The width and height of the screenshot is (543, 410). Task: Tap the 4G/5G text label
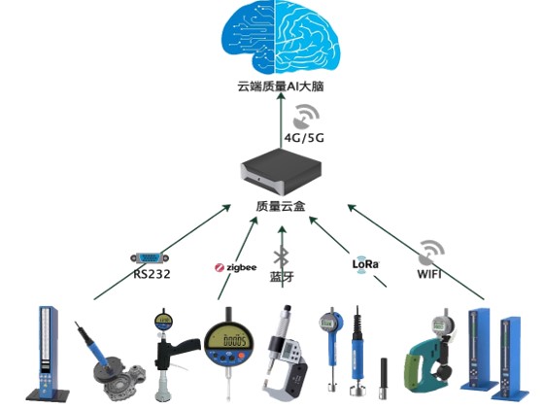304,139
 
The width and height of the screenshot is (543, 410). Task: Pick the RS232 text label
153,273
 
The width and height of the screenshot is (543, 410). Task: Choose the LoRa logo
364,263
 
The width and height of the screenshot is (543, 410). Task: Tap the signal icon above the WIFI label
429,255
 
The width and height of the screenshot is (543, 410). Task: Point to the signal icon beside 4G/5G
306,118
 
